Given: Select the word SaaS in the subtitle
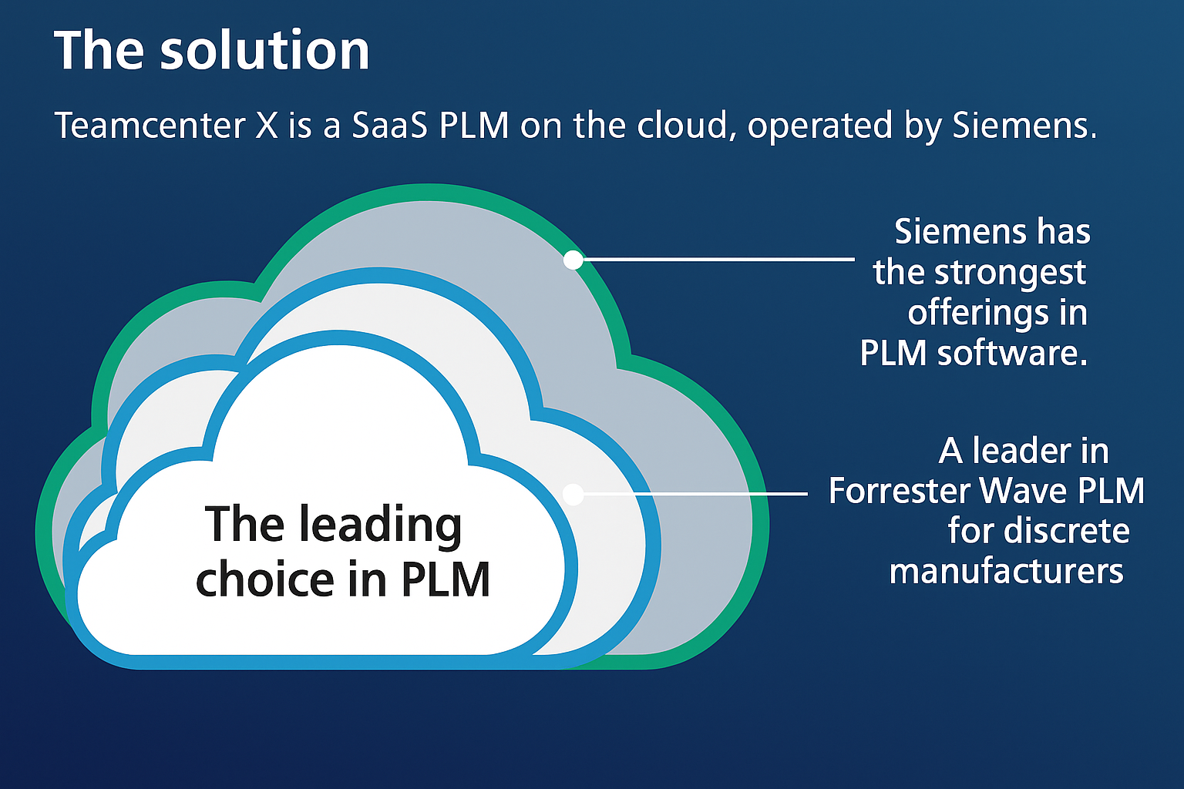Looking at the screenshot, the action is [389, 126].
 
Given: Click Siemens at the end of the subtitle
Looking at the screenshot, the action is [1024, 126].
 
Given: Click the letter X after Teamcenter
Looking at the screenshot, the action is [267, 126].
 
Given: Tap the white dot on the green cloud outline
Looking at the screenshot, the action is [573, 260].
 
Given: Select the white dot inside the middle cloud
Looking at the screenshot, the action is [573, 495].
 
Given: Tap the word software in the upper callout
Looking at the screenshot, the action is [1012, 353].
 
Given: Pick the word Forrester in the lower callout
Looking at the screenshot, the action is [900, 491].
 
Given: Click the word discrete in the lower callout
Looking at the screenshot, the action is [1067, 531].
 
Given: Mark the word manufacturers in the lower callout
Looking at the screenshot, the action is [1007, 572].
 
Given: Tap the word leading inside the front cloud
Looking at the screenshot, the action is [381, 525].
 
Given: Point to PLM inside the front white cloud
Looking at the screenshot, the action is [446, 579].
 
